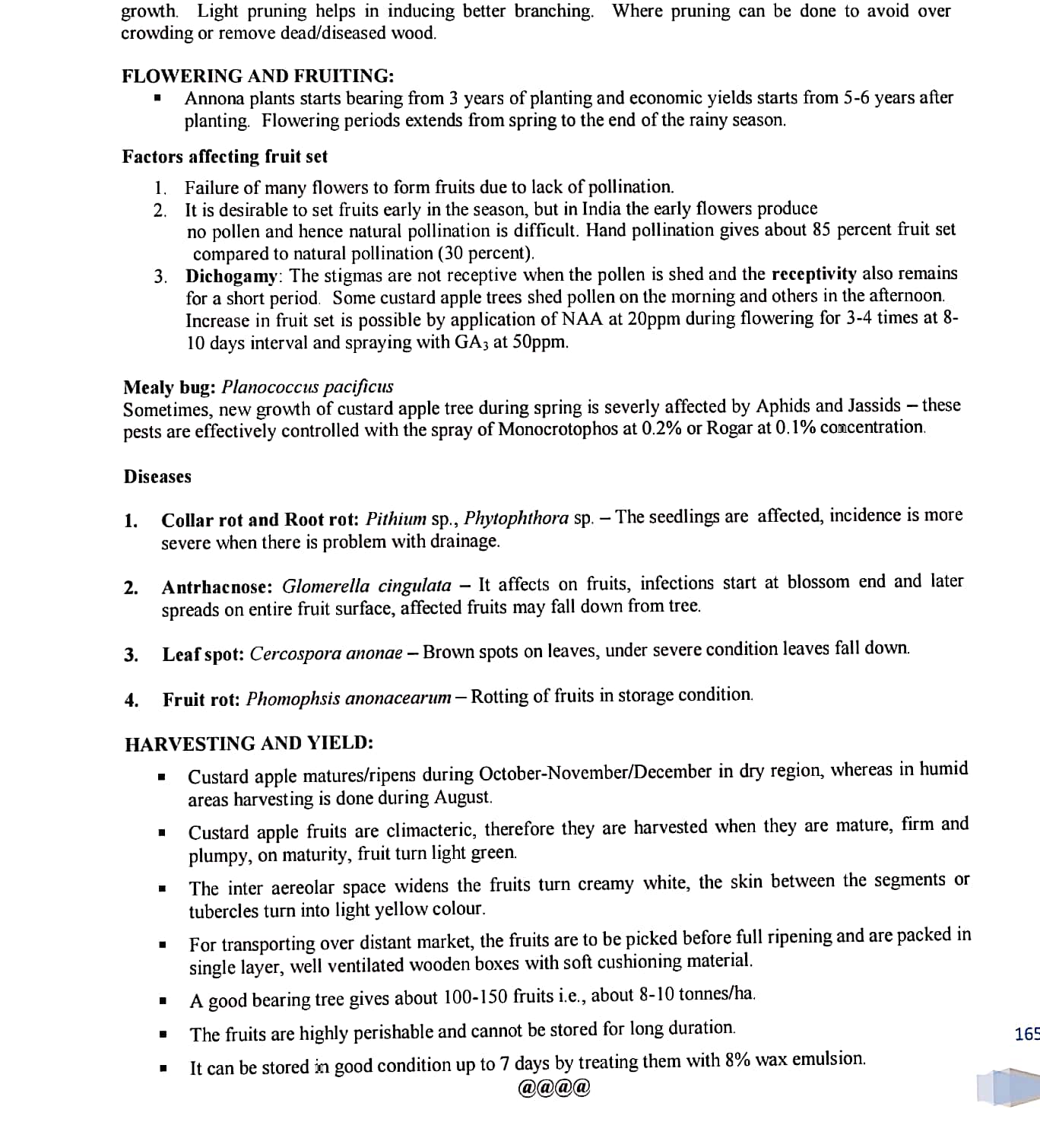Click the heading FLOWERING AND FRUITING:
(x=258, y=76)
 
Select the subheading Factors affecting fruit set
(x=224, y=157)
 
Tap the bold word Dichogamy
(x=232, y=275)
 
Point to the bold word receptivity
(x=813, y=274)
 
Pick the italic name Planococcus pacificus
(x=307, y=387)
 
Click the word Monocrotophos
(x=558, y=429)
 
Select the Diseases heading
(x=157, y=477)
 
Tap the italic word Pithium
(x=396, y=520)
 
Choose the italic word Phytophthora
(x=516, y=519)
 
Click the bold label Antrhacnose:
(x=217, y=587)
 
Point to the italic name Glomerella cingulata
(x=366, y=587)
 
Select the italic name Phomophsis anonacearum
(x=349, y=699)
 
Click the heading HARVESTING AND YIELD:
(x=249, y=744)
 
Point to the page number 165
(x=1026, y=1034)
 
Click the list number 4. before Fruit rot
(x=132, y=701)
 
